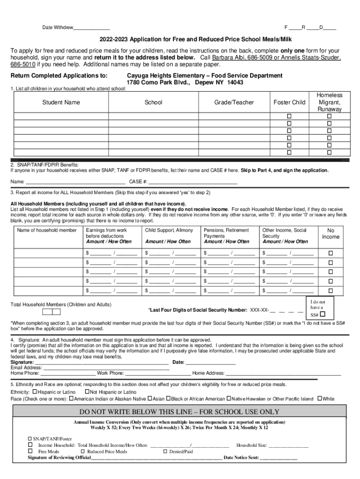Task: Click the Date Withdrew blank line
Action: click(x=92, y=28)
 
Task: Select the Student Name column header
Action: click(x=61, y=102)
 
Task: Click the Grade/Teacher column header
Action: click(x=234, y=102)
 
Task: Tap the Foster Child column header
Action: click(x=289, y=102)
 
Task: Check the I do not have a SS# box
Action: click(x=323, y=314)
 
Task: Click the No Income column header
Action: click(x=331, y=234)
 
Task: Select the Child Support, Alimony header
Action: click(x=169, y=231)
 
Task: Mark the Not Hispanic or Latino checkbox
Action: click(x=87, y=392)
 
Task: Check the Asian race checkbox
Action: click(x=150, y=399)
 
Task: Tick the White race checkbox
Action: click(x=320, y=399)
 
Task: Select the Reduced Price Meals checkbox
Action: click(x=83, y=451)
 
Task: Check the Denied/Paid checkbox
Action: click(x=165, y=451)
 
